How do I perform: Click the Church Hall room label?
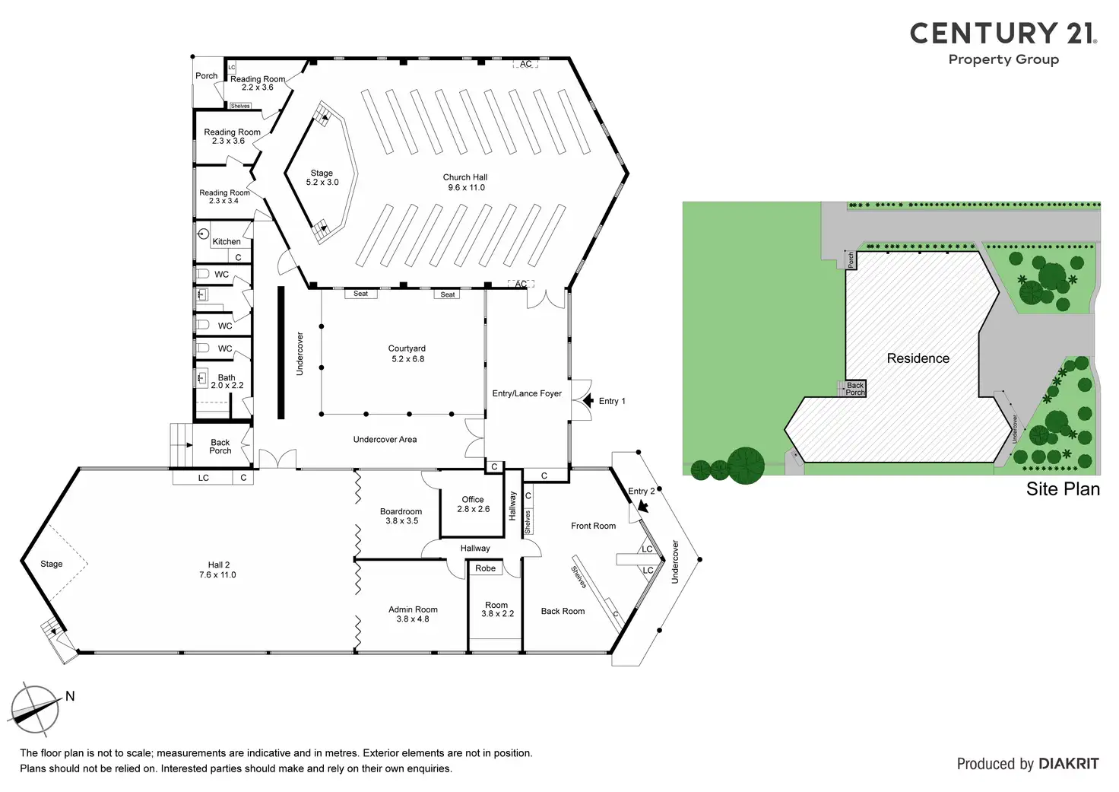465,182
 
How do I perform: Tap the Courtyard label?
407,354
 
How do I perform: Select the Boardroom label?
401,516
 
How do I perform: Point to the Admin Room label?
413,614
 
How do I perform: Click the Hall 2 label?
219,570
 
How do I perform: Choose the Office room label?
473,504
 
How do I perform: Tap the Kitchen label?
227,242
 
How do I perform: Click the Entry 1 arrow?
587,400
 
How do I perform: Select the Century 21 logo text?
1003,33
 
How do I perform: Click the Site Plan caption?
1063,489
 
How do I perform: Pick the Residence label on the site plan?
918,358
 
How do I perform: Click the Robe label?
485,568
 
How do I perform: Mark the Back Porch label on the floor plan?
220,447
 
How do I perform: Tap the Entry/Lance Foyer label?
527,393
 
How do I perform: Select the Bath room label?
227,381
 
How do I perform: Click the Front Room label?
593,526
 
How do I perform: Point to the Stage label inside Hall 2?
52,564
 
